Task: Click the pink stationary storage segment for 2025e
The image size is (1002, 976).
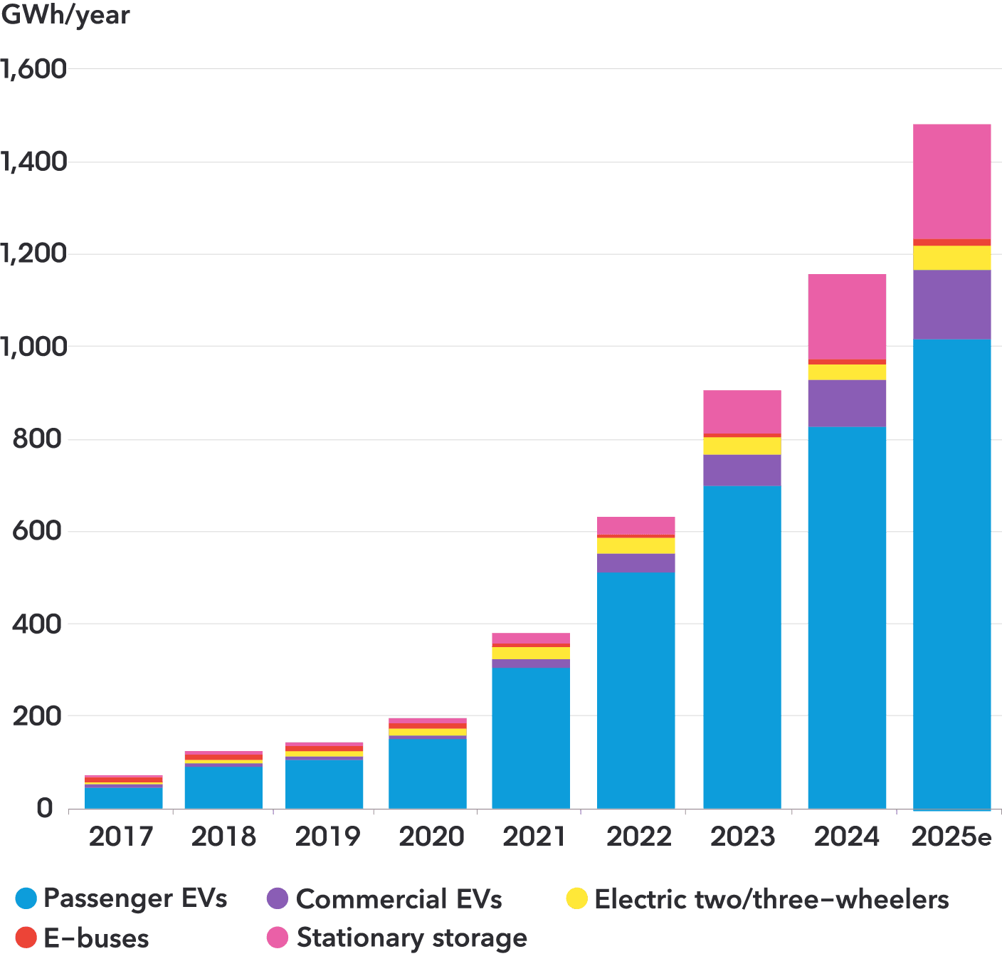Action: point(951,182)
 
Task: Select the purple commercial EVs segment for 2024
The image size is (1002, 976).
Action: point(847,403)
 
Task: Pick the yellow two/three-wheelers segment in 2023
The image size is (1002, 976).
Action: point(742,446)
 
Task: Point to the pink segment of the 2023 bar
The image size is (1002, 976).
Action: point(742,411)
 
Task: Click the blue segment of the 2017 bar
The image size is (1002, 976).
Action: point(124,797)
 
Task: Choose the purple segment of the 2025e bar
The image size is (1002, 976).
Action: point(951,305)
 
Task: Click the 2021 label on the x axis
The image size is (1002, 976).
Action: point(534,836)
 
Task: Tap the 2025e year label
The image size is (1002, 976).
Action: point(951,836)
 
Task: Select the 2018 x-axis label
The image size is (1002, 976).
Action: point(223,836)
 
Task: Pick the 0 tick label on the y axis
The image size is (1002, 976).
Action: point(45,809)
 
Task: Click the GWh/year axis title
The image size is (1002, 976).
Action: point(65,15)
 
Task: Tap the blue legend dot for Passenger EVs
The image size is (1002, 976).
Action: point(26,898)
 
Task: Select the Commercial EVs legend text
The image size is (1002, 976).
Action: point(399,899)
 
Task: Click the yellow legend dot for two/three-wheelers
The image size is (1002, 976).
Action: point(577,898)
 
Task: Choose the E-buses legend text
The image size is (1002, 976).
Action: point(96,938)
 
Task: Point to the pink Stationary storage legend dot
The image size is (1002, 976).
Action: point(278,938)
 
